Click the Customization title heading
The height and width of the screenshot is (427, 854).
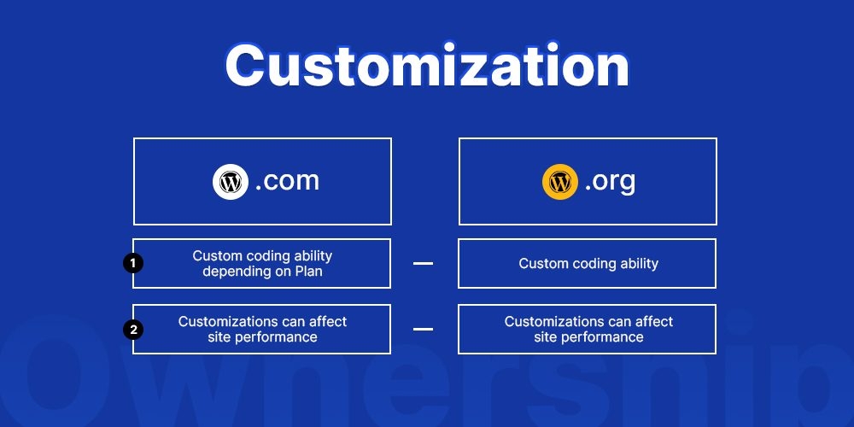(x=426, y=66)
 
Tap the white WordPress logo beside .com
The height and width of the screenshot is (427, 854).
(x=230, y=181)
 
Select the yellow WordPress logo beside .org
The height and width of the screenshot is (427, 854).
(x=559, y=181)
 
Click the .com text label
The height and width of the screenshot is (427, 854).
(x=287, y=181)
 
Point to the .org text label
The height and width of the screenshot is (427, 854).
(x=610, y=181)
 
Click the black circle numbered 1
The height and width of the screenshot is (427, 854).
(x=133, y=263)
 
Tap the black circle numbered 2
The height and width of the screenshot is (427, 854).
(x=133, y=329)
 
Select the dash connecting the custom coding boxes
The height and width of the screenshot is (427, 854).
(x=423, y=263)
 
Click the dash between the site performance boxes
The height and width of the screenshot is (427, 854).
(x=423, y=329)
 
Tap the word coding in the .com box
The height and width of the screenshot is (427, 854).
(x=266, y=255)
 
